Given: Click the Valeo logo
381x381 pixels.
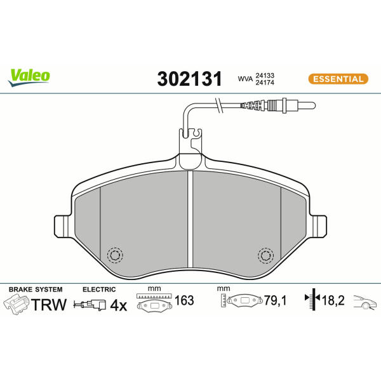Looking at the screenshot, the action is pyautogui.click(x=29, y=77).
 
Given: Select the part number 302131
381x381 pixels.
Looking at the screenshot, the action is pyautogui.click(x=189, y=79).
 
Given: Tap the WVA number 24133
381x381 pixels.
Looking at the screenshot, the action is pyautogui.click(x=265, y=76).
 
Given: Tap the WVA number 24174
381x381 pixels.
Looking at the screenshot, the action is pyautogui.click(x=265, y=83).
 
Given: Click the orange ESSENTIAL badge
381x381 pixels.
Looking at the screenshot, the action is pyautogui.click(x=338, y=79).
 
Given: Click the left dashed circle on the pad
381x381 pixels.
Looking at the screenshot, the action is pyautogui.click(x=115, y=255).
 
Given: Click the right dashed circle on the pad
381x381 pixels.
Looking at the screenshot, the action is pyautogui.click(x=266, y=255).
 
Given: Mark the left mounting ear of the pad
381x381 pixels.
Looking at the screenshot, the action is pyautogui.click(x=62, y=226).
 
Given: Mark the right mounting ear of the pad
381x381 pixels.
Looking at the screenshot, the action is pyautogui.click(x=319, y=226).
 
